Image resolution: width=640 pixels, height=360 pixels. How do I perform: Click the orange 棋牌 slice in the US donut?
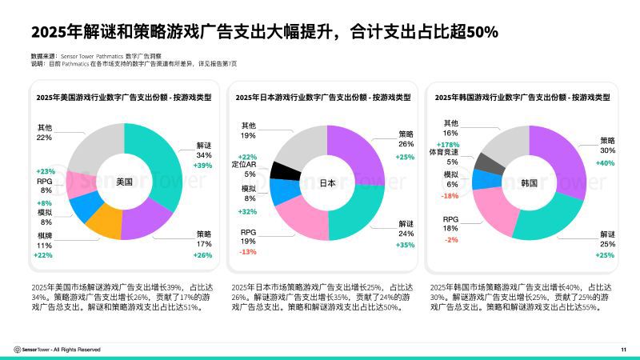[x=102, y=222]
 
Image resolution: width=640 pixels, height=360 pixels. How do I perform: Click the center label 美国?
[x=124, y=182]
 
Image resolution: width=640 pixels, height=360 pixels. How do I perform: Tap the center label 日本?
[x=327, y=182]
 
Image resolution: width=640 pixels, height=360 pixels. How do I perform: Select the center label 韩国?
[x=528, y=182]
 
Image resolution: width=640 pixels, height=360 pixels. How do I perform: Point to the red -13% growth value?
[x=247, y=252]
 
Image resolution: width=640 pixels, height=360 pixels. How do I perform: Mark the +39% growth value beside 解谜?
[x=203, y=165]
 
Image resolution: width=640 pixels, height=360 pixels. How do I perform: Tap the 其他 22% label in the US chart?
[x=45, y=132]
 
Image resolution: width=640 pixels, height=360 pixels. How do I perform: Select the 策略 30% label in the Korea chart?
[x=607, y=145]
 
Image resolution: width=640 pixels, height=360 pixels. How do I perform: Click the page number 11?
[x=623, y=349]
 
